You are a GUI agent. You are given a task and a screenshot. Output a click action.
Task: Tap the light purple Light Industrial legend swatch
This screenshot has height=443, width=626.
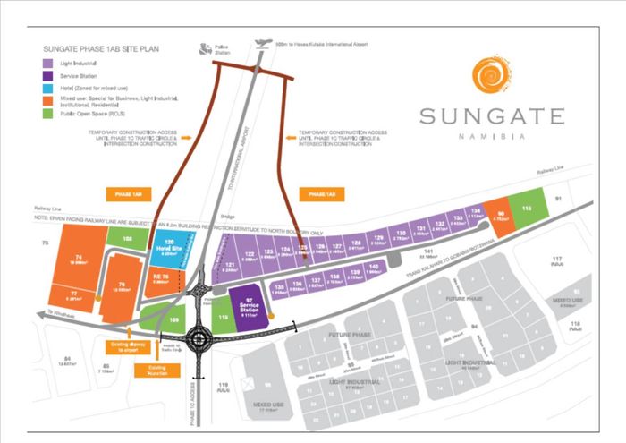pyautogui.click(x=47, y=64)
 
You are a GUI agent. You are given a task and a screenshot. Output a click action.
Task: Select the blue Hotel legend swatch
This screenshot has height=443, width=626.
pyautogui.click(x=47, y=89)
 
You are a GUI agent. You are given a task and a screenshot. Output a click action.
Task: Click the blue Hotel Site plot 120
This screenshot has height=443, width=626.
pyautogui.click(x=168, y=249)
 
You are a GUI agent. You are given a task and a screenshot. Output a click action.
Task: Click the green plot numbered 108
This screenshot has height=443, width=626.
pyautogui.click(x=127, y=238)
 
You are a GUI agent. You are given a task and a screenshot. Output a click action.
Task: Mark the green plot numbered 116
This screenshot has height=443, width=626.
pyautogui.click(x=528, y=209)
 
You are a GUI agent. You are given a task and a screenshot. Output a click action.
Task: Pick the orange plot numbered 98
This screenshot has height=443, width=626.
pyautogui.click(x=501, y=216)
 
